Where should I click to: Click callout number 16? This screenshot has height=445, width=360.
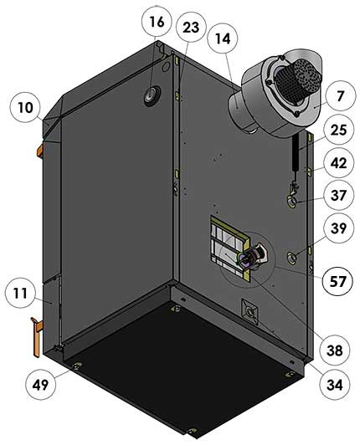point(157,22)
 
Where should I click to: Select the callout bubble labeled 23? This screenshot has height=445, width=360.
point(191,28)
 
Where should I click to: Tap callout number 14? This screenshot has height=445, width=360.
point(223,38)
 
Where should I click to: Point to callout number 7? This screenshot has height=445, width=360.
point(340,96)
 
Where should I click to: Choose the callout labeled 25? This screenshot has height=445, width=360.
point(338,130)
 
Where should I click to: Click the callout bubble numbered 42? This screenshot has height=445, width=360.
point(338,163)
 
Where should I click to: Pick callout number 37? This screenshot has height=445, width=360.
point(338,195)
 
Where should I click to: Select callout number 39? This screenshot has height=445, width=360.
point(338,228)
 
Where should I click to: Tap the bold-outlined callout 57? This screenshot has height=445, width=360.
point(337,281)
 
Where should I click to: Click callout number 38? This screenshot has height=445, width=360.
point(335,350)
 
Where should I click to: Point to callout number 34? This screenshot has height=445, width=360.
point(335,385)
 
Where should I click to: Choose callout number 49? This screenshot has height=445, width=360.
point(41,385)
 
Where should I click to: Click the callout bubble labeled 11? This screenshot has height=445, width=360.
point(20,293)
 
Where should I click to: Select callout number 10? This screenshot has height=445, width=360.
point(26,107)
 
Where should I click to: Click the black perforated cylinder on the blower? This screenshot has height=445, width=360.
point(293,78)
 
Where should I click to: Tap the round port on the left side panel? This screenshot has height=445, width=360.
point(152,95)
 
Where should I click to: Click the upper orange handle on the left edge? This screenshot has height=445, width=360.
point(40,150)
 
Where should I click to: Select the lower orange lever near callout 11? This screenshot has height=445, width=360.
point(37,336)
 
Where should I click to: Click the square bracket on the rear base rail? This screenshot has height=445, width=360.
point(250,312)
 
